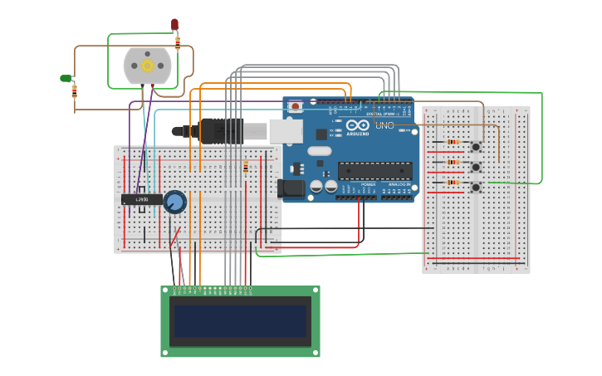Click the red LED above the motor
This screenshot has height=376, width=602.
tap(174, 24)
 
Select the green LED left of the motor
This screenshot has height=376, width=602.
tap(66, 78)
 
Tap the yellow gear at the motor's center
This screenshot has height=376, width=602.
tap(148, 66)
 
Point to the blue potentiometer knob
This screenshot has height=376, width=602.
tap(175, 202)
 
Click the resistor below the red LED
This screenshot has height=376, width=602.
tap(178, 42)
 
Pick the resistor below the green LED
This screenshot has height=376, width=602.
tap(75, 91)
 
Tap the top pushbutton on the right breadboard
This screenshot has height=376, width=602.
tap(476, 148)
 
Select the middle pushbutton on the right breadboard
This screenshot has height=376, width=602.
tap(476, 168)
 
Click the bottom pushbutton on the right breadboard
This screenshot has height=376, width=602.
tap(476, 188)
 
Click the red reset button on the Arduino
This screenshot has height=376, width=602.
tap(295, 107)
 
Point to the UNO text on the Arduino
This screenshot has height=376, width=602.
tap(384, 125)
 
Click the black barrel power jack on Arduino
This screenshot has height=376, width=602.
tap(290, 188)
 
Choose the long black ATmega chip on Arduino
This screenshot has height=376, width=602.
tap(374, 171)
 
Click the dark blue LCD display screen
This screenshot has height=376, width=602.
tap(240, 320)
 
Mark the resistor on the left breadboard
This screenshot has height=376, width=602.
tap(246, 168)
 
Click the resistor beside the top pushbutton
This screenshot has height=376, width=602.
tap(453, 142)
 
